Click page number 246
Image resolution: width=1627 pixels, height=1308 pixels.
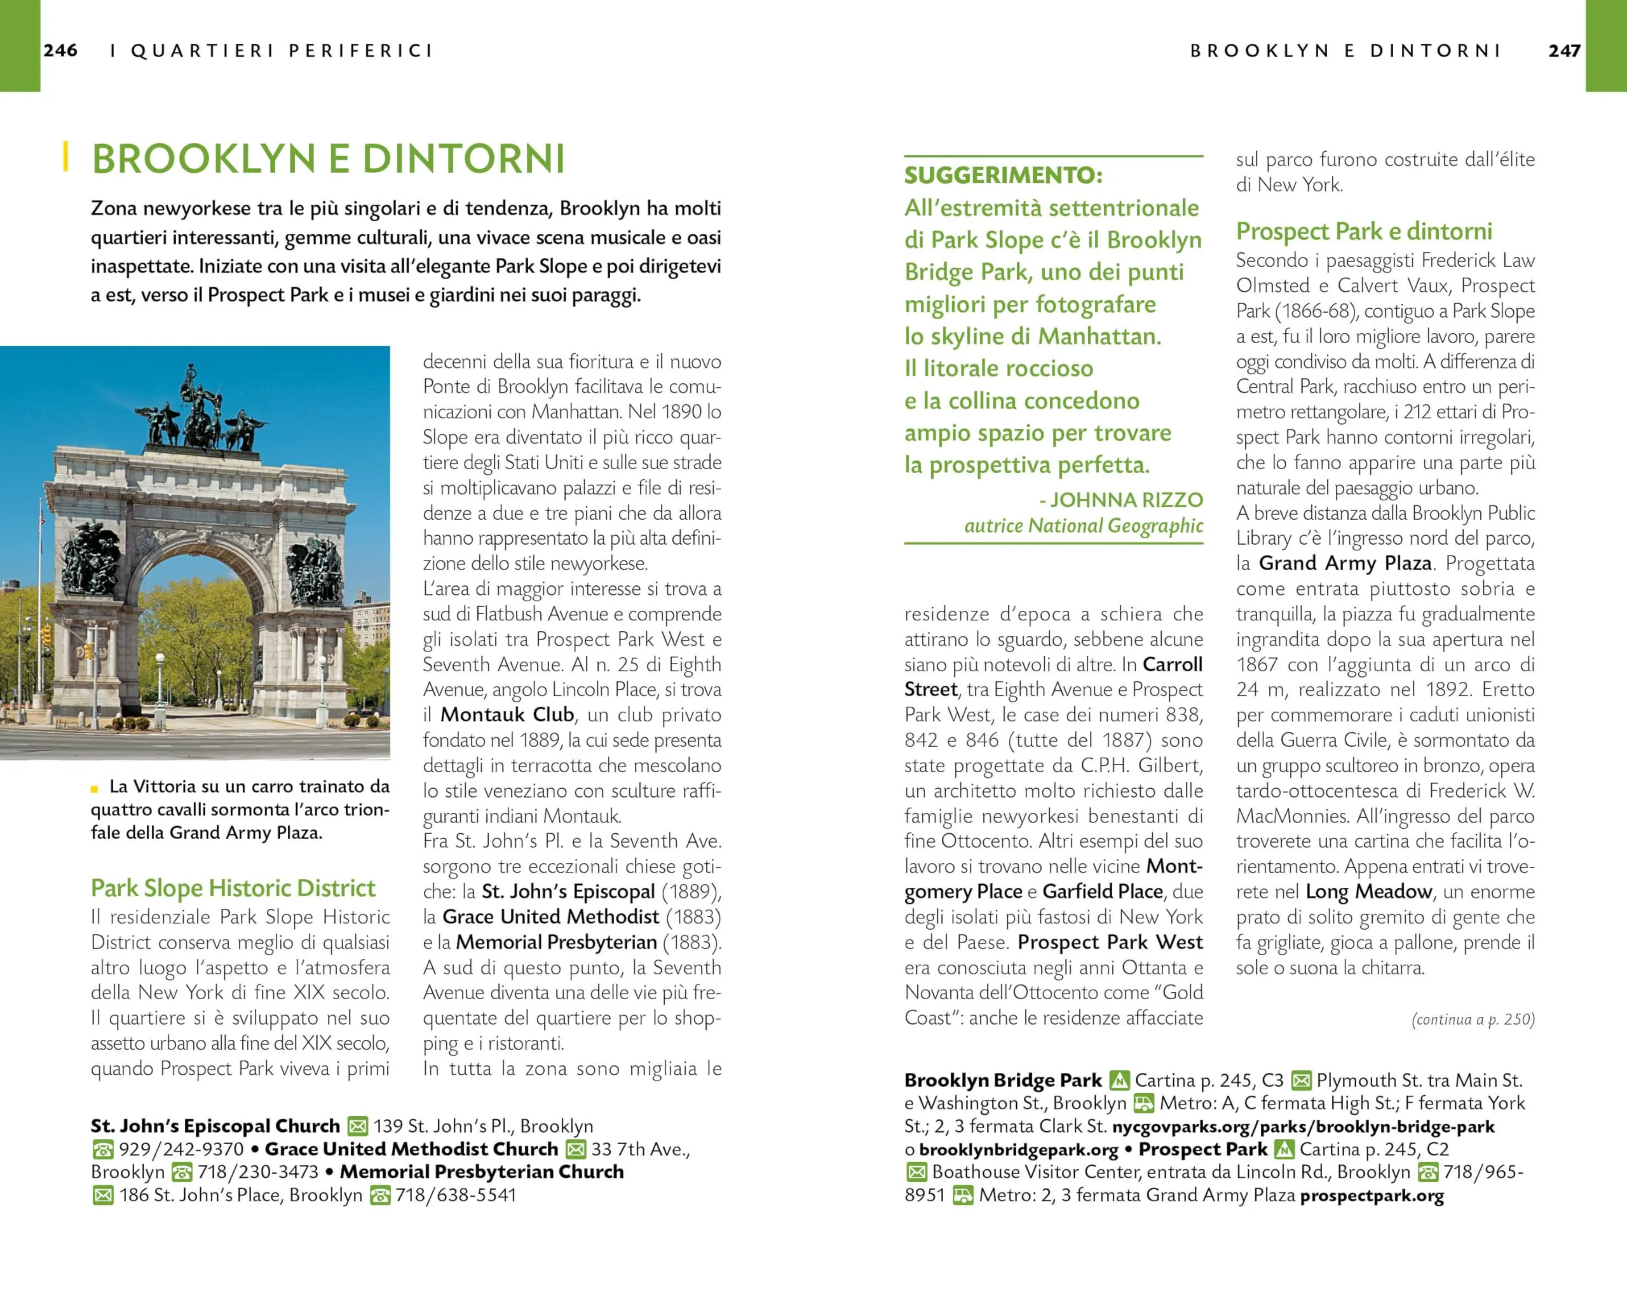coord(60,51)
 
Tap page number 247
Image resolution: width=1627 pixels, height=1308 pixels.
coord(1563,51)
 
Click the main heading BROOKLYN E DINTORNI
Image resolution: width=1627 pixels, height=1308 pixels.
coord(329,158)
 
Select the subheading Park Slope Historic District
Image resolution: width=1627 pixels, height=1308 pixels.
coord(233,889)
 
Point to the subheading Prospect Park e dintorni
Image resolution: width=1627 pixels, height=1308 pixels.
coord(1364,231)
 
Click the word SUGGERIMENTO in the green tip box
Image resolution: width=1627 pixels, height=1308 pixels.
coord(1003,175)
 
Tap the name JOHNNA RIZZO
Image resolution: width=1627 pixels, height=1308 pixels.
coord(1126,500)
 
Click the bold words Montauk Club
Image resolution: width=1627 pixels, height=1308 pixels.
coord(507,715)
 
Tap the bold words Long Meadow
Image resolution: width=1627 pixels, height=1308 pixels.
coord(1368,891)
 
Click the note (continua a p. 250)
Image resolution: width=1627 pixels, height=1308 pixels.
coord(1473,1019)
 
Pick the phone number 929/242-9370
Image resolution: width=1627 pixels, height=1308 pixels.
coord(181,1150)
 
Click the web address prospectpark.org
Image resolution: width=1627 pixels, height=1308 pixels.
coord(1372,1196)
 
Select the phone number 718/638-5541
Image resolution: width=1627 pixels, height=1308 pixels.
coord(456,1196)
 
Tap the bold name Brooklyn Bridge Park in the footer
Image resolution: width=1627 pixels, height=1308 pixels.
coord(1003,1080)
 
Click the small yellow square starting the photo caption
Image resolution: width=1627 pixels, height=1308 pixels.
coord(94,789)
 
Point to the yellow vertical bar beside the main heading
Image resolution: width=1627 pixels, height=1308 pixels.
coord(66,156)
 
